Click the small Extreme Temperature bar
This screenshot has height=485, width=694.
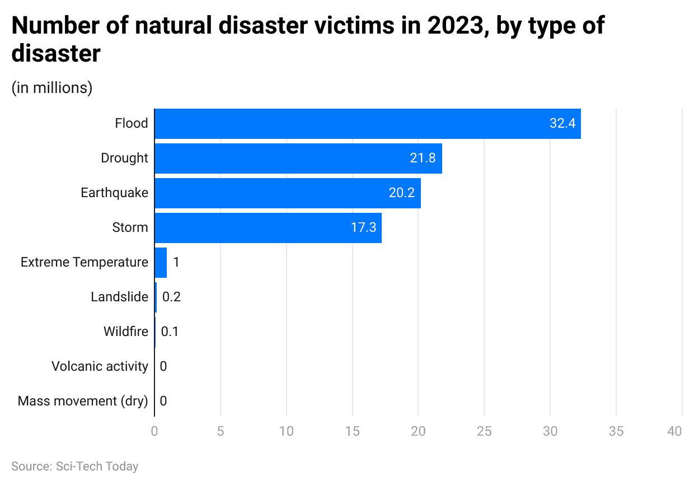[x=161, y=263]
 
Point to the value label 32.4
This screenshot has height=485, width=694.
[x=562, y=124]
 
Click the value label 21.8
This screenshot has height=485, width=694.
[x=423, y=158]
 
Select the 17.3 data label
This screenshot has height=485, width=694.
[x=363, y=228]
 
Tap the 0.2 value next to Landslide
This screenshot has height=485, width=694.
[x=171, y=297]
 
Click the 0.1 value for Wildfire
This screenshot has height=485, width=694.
[x=170, y=332]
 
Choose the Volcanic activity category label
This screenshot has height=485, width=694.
[x=100, y=367]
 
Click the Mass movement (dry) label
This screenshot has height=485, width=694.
[x=83, y=402]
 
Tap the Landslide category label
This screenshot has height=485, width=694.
[x=119, y=297]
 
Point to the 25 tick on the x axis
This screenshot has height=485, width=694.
[x=484, y=432]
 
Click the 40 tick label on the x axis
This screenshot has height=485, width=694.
[x=674, y=432]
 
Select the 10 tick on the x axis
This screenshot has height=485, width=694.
[x=287, y=432]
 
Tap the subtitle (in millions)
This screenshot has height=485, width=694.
[x=51, y=88]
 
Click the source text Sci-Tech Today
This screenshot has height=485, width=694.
[x=97, y=467]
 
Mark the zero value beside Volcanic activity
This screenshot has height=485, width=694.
[x=163, y=367]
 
